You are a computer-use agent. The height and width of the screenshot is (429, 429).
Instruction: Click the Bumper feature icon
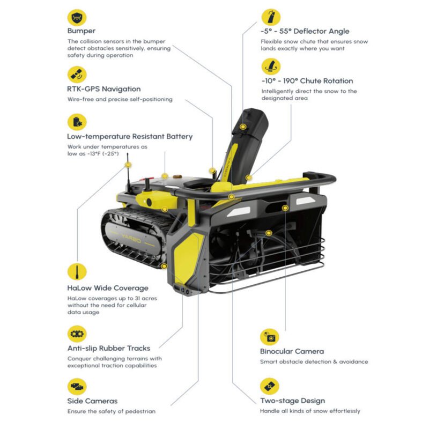(77, 18)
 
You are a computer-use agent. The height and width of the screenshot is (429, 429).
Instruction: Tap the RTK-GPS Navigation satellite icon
(77, 75)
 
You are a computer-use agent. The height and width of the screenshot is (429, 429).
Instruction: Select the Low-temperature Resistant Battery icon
(77, 122)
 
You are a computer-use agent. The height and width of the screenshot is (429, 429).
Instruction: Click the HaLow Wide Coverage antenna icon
(77, 271)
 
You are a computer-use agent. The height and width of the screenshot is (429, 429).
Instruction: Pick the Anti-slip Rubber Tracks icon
(77, 334)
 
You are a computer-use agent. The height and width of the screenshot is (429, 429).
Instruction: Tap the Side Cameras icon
(77, 387)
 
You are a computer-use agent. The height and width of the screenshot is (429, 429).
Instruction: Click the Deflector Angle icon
(271, 17)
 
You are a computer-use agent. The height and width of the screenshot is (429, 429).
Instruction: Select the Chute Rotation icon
(271, 66)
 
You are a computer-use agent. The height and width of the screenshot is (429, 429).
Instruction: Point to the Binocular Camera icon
(270, 337)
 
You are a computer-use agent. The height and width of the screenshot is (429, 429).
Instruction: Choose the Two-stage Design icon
(270, 386)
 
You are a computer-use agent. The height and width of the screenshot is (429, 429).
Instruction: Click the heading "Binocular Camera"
(292, 351)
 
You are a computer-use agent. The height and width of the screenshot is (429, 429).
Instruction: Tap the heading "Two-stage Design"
(292, 401)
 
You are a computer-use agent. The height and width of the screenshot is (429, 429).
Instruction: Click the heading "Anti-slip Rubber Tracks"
(109, 348)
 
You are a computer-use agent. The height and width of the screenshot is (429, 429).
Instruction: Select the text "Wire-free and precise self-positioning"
(120, 99)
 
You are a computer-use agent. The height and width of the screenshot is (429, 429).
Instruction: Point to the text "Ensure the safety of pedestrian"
(112, 411)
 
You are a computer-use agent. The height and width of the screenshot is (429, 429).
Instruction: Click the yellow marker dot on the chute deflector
(243, 127)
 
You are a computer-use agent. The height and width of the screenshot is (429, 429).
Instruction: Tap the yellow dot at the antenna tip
(128, 165)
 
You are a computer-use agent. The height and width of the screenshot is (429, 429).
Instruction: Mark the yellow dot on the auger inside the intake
(269, 233)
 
